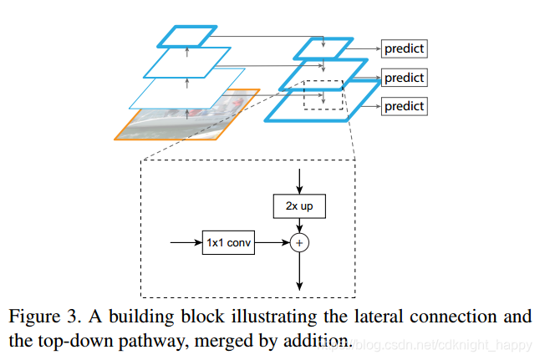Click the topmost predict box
pyautogui.click(x=404, y=48)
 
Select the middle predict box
pyautogui.click(x=404, y=78)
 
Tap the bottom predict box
pyautogui.click(x=404, y=106)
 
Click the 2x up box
pyautogui.click(x=299, y=205)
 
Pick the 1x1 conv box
pyautogui.click(x=227, y=243)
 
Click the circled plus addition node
pyautogui.click(x=299, y=243)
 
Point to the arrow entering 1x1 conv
pyautogui.click(x=185, y=243)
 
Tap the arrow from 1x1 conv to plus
pyautogui.click(x=271, y=243)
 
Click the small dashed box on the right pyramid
pyautogui.click(x=323, y=94)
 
